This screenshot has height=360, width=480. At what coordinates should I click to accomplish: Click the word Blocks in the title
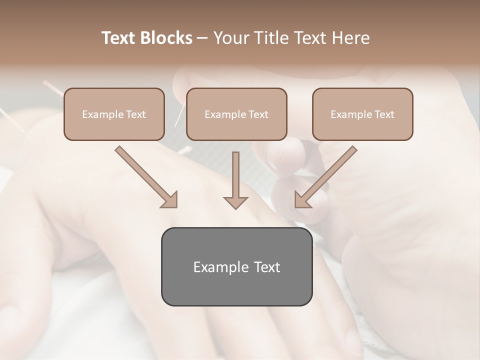pyautogui.click(x=166, y=38)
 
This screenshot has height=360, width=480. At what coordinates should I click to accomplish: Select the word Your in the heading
pyautogui.click(x=232, y=38)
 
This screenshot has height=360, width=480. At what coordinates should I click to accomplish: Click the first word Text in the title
pyautogui.click(x=119, y=38)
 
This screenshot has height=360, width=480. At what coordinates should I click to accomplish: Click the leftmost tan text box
pyautogui.click(x=114, y=114)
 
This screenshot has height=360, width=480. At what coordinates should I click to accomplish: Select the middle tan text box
pyautogui.click(x=236, y=114)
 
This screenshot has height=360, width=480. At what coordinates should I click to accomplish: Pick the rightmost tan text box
pyautogui.click(x=362, y=114)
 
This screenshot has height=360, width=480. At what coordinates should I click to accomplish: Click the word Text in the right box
pyautogui.click(x=384, y=114)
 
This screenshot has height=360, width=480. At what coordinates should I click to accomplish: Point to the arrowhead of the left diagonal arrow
pyautogui.click(x=170, y=200)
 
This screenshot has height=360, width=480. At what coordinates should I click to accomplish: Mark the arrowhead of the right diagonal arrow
pyautogui.click(x=302, y=200)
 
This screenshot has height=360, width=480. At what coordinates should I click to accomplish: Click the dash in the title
pyautogui.click(x=202, y=38)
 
